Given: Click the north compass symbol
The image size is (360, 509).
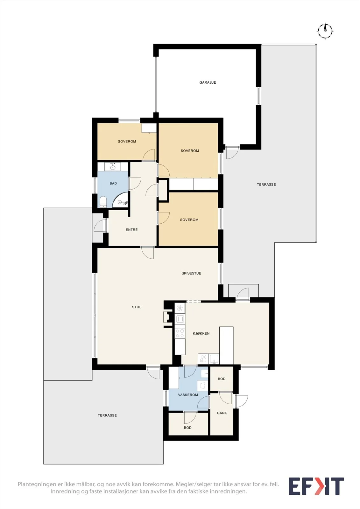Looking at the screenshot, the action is click(x=325, y=31).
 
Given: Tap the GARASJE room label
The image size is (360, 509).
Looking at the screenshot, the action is click(x=208, y=82).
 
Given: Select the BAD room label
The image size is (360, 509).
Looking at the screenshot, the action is click(x=113, y=183).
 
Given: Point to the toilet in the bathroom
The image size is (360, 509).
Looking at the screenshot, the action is click(x=103, y=202).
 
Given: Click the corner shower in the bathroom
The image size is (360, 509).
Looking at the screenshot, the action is click(x=121, y=200).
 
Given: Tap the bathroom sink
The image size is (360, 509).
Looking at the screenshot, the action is click(x=113, y=167).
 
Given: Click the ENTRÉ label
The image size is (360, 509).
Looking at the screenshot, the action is click(x=132, y=230).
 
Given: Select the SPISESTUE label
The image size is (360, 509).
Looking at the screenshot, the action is click(x=191, y=273).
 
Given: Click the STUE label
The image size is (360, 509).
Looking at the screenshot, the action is click(x=137, y=307).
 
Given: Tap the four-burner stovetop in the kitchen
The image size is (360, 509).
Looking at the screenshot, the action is click(x=180, y=333).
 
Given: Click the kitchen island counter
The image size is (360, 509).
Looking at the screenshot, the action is click(x=226, y=345).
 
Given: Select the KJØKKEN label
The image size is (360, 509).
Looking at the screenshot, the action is click(x=201, y=334).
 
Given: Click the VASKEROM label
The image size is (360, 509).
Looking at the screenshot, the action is click(x=188, y=395).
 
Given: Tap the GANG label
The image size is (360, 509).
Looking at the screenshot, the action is click(x=222, y=413).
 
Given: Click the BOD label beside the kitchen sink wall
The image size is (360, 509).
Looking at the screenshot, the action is click(x=222, y=379).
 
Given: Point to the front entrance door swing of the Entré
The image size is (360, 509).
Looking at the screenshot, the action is click(x=100, y=226).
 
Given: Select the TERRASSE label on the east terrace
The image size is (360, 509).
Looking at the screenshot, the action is click(x=266, y=185).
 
